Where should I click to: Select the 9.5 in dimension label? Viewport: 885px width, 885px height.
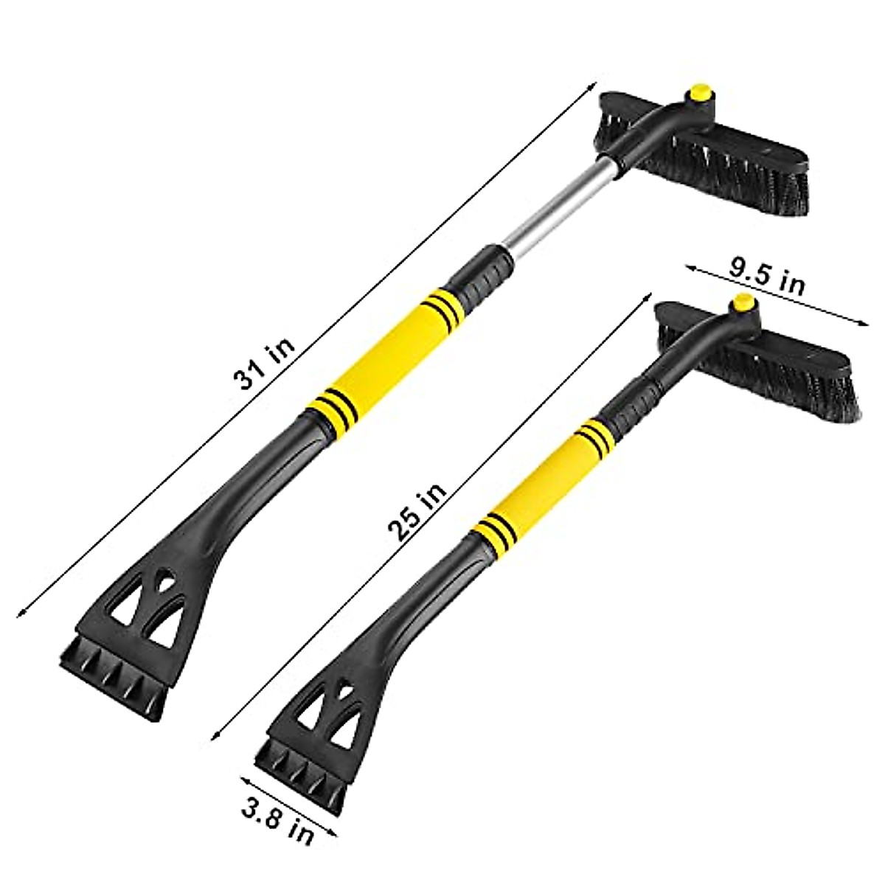[767, 278]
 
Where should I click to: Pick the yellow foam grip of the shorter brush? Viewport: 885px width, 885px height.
[544, 487]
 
